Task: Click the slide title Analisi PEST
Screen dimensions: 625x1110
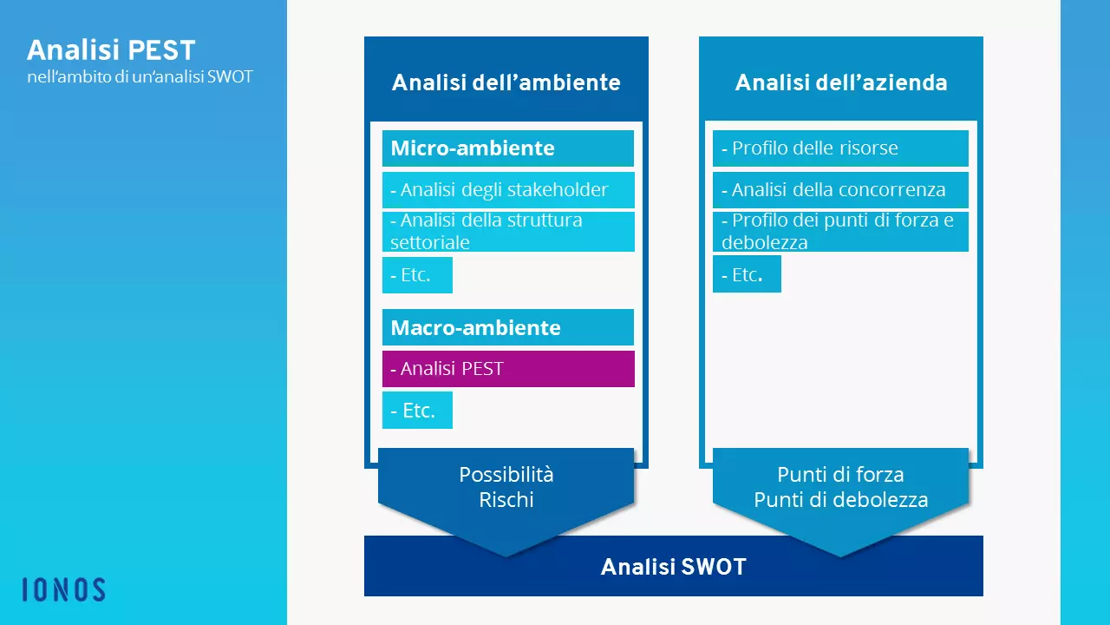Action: coord(111,50)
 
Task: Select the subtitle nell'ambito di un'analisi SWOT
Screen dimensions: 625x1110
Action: coord(140,76)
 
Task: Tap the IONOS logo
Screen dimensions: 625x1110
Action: coord(63,590)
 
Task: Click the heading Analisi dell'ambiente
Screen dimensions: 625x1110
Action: coord(506,82)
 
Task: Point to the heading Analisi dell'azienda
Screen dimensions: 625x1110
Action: coord(840,82)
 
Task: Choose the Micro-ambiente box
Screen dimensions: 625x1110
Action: coord(507,148)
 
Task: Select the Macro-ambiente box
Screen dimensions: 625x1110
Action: coord(507,328)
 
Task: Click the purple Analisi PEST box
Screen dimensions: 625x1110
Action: coord(507,369)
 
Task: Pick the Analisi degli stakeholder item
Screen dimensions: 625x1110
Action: coord(507,190)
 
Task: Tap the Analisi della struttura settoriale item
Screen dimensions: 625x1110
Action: coord(507,232)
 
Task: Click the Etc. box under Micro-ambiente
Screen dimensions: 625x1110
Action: coord(417,275)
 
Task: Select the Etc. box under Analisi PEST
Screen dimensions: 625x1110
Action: coord(417,411)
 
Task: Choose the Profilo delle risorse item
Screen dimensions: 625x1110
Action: coord(839,148)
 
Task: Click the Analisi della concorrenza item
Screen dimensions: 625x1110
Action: coord(839,190)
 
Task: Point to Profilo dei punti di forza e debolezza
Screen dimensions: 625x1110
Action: coord(839,232)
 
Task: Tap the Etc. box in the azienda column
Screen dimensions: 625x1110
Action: coord(747,274)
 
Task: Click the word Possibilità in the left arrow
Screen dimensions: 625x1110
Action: coord(506,475)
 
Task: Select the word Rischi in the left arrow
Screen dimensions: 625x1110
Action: coord(506,500)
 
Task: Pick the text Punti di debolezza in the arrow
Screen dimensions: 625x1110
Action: coord(840,500)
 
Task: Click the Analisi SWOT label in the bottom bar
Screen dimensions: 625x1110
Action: coord(673,567)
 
